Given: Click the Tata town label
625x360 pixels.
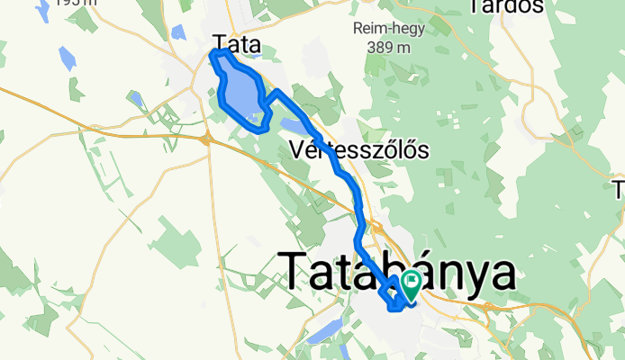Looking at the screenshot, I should pyautogui.click(x=238, y=42).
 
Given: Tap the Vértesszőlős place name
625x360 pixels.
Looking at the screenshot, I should pyautogui.click(x=358, y=149).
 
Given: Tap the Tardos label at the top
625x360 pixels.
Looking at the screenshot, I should pyautogui.click(x=506, y=7).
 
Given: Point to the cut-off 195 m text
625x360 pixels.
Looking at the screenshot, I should pyautogui.click(x=77, y=3).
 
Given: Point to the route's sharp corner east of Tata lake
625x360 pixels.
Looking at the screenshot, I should pyautogui.click(x=276, y=93).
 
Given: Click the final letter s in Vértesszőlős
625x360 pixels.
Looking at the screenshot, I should pyautogui.click(x=421, y=149).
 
